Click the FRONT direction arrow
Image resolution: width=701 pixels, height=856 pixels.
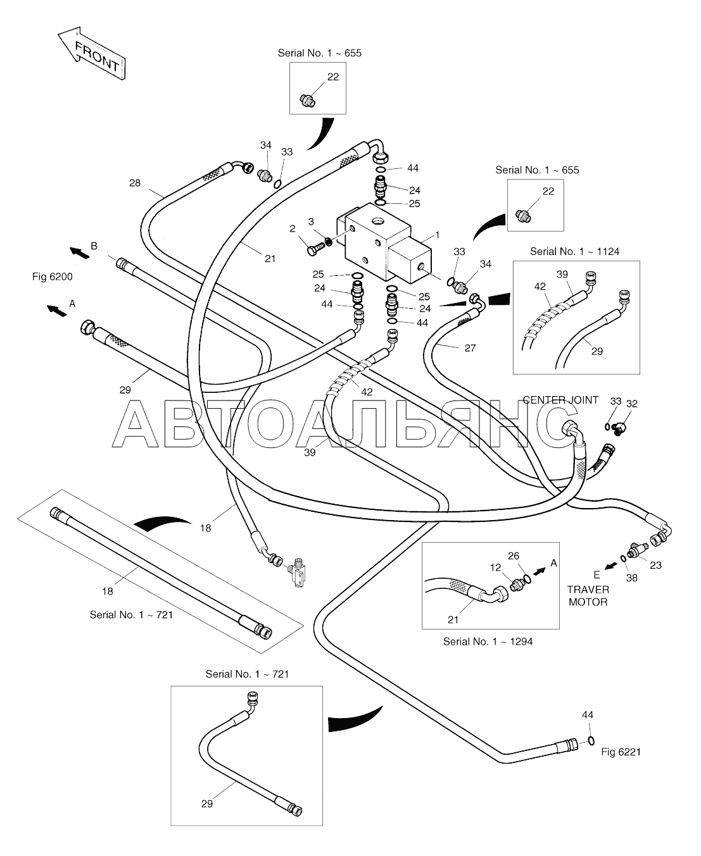point(92,53)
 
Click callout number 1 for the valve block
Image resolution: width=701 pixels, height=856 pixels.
point(438,235)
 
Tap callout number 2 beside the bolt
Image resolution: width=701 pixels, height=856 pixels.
point(292,229)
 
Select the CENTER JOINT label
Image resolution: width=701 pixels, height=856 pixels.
point(560,400)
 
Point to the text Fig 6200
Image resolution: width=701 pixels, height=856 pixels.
point(53,277)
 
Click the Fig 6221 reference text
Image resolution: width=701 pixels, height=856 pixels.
point(621,752)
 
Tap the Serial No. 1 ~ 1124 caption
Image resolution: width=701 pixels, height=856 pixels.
point(574,252)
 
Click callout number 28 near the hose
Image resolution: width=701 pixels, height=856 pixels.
point(135,183)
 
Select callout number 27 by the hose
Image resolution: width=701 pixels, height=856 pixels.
point(470,348)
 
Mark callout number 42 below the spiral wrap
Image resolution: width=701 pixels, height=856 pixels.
point(367,392)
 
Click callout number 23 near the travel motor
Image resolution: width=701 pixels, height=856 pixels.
point(656,565)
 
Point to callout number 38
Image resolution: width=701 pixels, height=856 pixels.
point(632,578)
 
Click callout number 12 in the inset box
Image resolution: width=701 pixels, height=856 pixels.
point(495,568)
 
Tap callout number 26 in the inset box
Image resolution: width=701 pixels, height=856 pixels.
point(514,555)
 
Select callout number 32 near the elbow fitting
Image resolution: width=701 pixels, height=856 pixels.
point(632,404)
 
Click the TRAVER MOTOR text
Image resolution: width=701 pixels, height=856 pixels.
point(588,596)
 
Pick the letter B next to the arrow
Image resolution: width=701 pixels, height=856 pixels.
point(94,246)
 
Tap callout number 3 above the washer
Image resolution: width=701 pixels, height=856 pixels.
point(311,221)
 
